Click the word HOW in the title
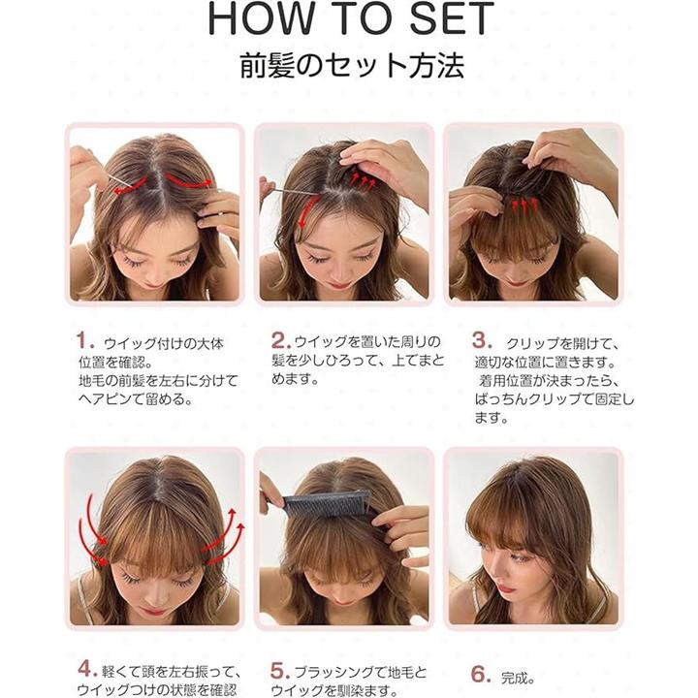point(261,18)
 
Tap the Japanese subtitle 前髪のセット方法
point(352,66)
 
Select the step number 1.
point(85,341)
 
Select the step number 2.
point(281,341)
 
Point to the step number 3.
point(482,341)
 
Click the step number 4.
point(87,669)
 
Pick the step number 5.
point(280,671)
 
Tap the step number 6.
point(481,674)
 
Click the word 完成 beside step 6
point(518,678)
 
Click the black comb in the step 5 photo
point(327,504)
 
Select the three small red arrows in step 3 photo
point(523,205)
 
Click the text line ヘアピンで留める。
point(136,398)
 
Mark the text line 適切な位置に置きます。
point(545,363)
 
